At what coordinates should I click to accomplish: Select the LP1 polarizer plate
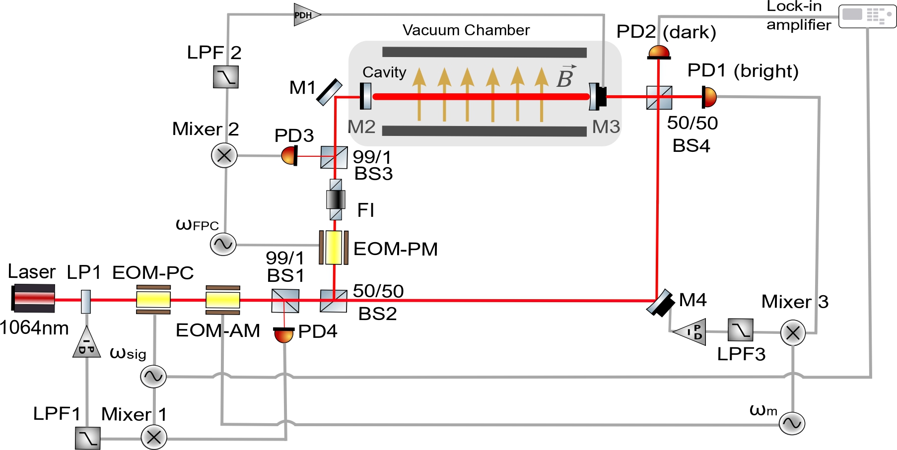coord(86,301)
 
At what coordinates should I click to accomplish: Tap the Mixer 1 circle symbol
coord(154,437)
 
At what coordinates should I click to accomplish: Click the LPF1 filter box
coord(88,438)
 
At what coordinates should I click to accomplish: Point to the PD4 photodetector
coord(284,335)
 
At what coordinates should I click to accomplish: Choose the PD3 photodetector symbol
coord(289,156)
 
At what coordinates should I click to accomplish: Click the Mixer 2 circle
coord(224,155)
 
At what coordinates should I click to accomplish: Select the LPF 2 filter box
coord(226,77)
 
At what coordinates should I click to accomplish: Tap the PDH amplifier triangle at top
coord(306,15)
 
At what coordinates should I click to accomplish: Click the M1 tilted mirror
coord(329,92)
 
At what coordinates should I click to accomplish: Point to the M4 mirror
coord(660,303)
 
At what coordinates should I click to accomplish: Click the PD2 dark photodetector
coord(659,52)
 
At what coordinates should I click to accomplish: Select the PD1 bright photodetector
coord(709,97)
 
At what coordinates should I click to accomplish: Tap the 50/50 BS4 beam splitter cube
coord(659,98)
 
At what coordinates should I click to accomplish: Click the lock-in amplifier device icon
coord(867,16)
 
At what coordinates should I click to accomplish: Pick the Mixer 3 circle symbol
coord(793,332)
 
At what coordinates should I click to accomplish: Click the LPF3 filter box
coord(741,330)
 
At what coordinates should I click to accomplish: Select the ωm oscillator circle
coord(792,423)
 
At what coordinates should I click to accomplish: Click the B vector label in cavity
coord(565,77)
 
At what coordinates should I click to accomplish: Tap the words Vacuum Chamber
coord(466,30)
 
